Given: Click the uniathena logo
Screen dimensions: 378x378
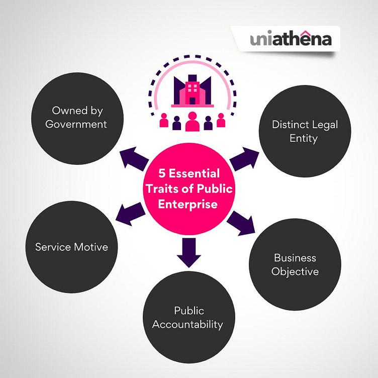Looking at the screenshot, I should (291, 39).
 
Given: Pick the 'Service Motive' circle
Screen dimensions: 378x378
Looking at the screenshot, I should (71, 247).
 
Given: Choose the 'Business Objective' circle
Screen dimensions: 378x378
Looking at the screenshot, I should (295, 264).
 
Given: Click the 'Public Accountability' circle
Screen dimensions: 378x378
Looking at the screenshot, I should (188, 317).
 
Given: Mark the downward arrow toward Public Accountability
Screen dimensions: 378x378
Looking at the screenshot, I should (188, 252).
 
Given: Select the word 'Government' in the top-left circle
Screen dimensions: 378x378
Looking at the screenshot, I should (76, 124).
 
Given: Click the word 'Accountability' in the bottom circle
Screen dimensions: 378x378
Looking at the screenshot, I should (187, 324).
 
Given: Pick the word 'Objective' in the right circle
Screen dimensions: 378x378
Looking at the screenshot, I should (295, 271).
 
